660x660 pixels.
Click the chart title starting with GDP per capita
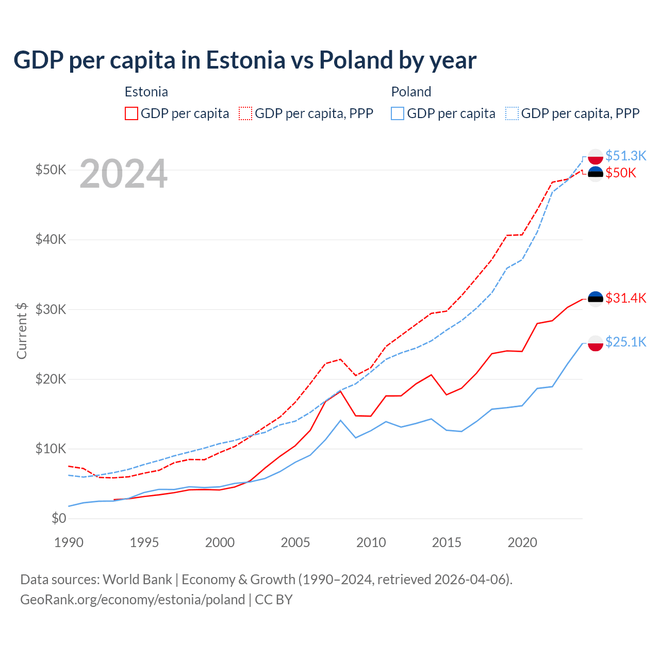pyautogui.click(x=245, y=60)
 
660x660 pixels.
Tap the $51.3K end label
pyautogui.click(x=625, y=156)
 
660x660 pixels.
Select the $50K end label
pyautogui.click(x=621, y=173)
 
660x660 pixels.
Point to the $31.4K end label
pyautogui.click(x=625, y=298)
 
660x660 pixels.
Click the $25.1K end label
pyautogui.click(x=625, y=342)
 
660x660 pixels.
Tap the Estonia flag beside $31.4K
pyautogui.click(x=596, y=299)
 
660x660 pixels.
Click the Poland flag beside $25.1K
pyautogui.click(x=596, y=343)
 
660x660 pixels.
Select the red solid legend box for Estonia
pyautogui.click(x=131, y=113)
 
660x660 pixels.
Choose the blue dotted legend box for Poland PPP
pyautogui.click(x=512, y=113)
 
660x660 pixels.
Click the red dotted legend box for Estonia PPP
pyautogui.click(x=245, y=113)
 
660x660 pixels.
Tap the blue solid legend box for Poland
pyautogui.click(x=398, y=113)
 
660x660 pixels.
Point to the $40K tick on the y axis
pyautogui.click(x=51, y=239)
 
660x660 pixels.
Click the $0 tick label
pyautogui.click(x=59, y=518)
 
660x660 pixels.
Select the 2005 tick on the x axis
pyautogui.click(x=295, y=542)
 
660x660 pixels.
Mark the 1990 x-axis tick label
pyautogui.click(x=69, y=542)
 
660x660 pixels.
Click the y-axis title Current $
pyautogui.click(x=22, y=331)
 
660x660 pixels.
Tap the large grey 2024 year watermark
pyautogui.click(x=124, y=174)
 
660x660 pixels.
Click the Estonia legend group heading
pyautogui.click(x=146, y=92)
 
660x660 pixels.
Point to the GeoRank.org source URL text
pyautogui.click(x=133, y=600)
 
